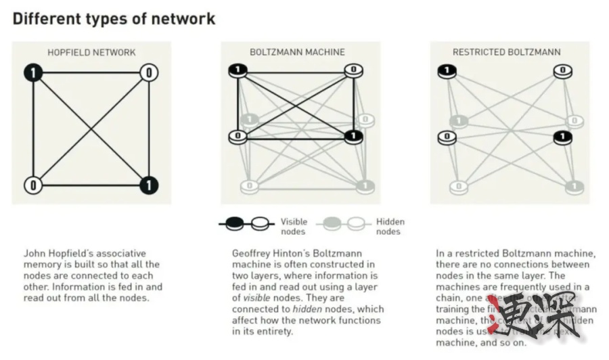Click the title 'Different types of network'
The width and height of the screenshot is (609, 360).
click(114, 18)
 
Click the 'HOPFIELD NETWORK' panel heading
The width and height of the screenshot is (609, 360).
click(91, 52)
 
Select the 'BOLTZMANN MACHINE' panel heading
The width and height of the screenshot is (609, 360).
click(297, 52)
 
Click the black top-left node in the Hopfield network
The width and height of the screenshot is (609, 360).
click(32, 72)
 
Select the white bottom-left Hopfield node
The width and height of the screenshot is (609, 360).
click(32, 184)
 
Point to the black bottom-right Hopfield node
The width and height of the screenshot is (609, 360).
click(149, 184)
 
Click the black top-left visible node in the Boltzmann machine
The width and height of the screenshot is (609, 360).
click(238, 70)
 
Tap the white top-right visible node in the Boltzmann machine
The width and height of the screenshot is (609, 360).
click(353, 70)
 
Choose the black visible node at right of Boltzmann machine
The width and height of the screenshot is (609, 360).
click(353, 137)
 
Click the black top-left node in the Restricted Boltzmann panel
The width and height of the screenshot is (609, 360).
click(446, 70)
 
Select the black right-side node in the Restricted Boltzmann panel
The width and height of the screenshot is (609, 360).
click(562, 137)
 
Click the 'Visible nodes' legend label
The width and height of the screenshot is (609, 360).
click(294, 226)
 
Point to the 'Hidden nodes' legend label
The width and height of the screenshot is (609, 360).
click(390, 226)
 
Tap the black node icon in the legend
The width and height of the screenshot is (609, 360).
click(233, 222)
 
